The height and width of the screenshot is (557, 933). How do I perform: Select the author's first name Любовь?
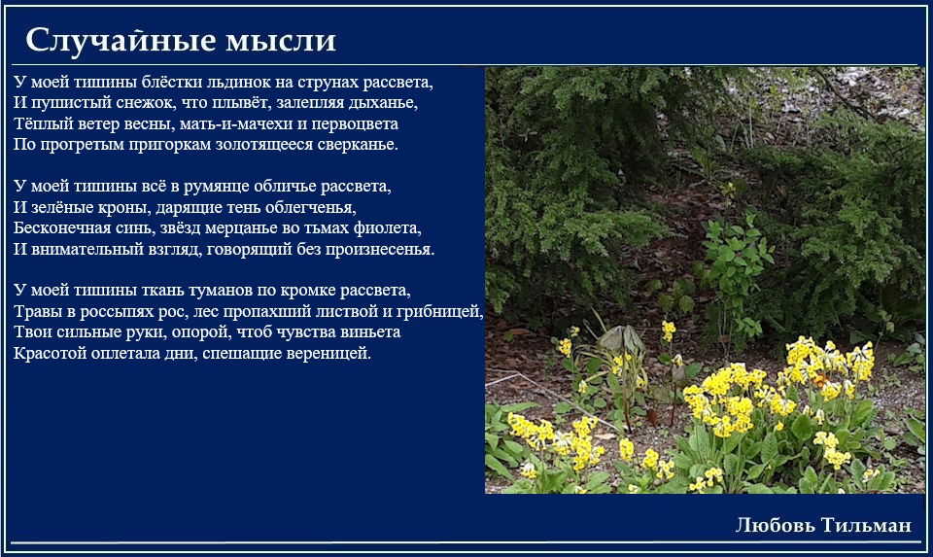coord(776,525)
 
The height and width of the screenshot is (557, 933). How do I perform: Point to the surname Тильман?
coord(866,525)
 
